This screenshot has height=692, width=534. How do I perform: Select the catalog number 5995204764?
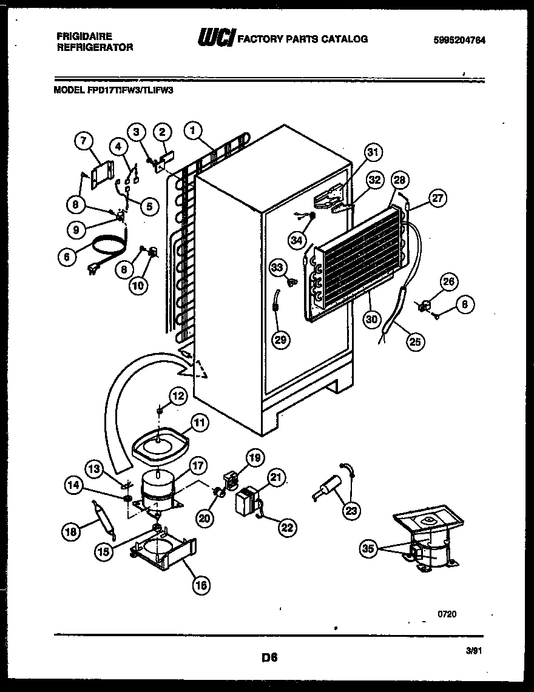[459, 41]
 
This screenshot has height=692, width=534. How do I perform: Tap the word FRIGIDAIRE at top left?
[84, 37]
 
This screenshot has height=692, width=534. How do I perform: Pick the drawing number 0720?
[447, 614]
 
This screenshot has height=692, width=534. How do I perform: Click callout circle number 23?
[350, 511]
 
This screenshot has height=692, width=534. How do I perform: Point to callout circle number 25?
[415, 341]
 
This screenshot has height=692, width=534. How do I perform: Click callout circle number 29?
[280, 340]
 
